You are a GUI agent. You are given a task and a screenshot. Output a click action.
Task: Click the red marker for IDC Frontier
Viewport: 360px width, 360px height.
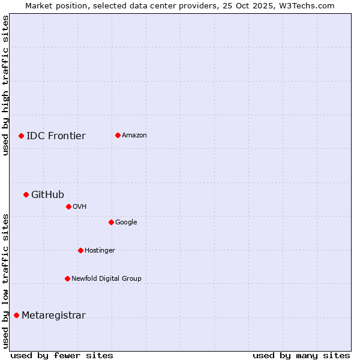pos(21,136)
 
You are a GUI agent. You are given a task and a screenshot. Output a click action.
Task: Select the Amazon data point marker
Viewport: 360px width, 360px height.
pos(118,135)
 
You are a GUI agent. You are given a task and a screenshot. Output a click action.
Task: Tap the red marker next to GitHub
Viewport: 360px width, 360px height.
pos(26,194)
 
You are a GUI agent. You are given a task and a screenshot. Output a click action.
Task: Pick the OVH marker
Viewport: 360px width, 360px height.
pos(68,206)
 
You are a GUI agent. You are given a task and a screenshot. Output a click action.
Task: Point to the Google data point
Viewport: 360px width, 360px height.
pos(111,222)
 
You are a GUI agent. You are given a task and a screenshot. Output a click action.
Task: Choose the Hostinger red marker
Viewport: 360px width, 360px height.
pos(80,250)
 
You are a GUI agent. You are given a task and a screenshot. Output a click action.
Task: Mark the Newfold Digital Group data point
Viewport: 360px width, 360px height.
pos(67,278)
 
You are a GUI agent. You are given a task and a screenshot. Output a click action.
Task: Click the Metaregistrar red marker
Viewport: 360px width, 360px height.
pos(16,316)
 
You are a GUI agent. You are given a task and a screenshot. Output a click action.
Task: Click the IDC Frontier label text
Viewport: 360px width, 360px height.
pos(56,136)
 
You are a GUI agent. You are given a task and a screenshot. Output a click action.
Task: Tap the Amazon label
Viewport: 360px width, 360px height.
pos(134,135)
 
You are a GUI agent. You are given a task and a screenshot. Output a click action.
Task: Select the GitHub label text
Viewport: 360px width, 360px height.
pos(47,194)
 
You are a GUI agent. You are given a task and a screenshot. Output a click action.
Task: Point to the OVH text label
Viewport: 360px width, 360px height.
pos(80,206)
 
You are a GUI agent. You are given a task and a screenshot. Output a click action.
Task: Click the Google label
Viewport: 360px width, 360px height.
pos(126,222)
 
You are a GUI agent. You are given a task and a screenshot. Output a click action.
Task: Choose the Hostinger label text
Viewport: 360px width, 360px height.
pos(100,250)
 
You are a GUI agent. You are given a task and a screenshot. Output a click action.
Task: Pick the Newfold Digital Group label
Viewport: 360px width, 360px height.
pos(106,278)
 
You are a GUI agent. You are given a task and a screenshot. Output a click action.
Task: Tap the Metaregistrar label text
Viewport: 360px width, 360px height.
pos(53,316)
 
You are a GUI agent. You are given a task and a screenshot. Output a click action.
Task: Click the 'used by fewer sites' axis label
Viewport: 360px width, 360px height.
pos(62,355)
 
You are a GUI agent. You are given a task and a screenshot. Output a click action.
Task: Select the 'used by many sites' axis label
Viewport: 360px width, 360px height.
pos(301,355)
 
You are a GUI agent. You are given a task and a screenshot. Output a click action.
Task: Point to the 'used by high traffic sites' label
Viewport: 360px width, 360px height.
pos(5,85)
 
